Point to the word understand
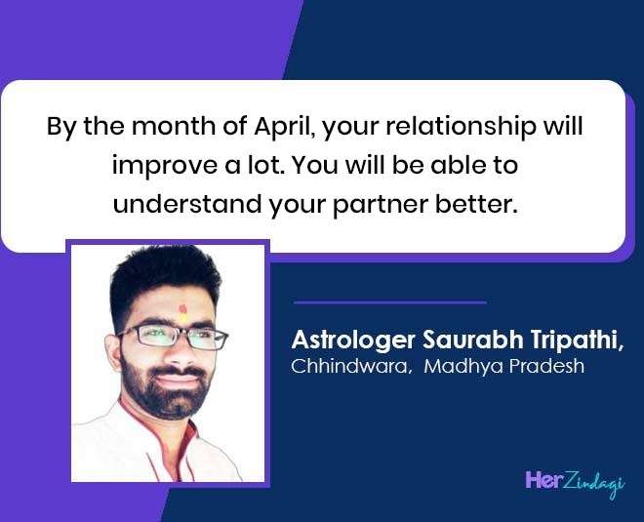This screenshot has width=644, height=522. (x=187, y=204)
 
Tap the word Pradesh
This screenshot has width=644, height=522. (x=546, y=366)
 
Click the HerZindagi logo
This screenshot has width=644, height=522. (x=575, y=483)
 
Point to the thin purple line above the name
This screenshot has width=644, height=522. (x=390, y=302)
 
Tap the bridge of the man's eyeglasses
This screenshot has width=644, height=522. (x=182, y=332)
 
